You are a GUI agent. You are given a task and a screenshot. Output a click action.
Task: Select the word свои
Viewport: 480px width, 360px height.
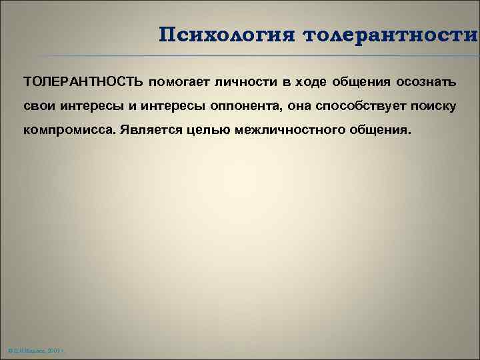(x=38, y=107)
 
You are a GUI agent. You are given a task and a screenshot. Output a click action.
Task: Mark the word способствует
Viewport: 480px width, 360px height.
(x=363, y=107)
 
